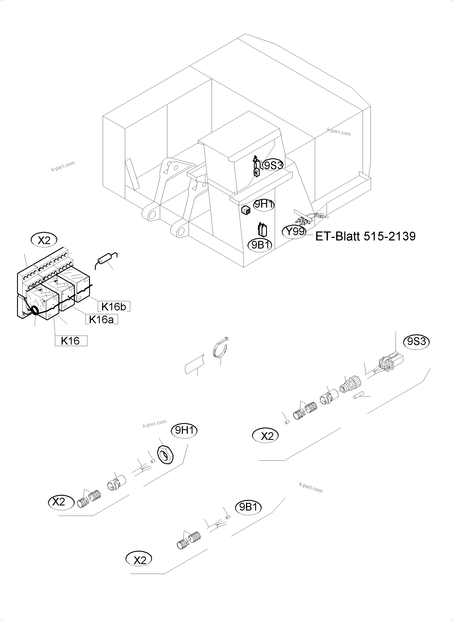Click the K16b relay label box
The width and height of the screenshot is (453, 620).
[x=114, y=307]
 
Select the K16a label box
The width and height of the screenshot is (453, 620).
[x=101, y=319]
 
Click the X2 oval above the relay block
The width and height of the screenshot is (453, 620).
[x=44, y=240]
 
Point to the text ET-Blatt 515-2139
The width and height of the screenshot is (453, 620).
[x=365, y=236]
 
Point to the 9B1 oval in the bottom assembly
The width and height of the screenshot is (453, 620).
[x=248, y=507]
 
